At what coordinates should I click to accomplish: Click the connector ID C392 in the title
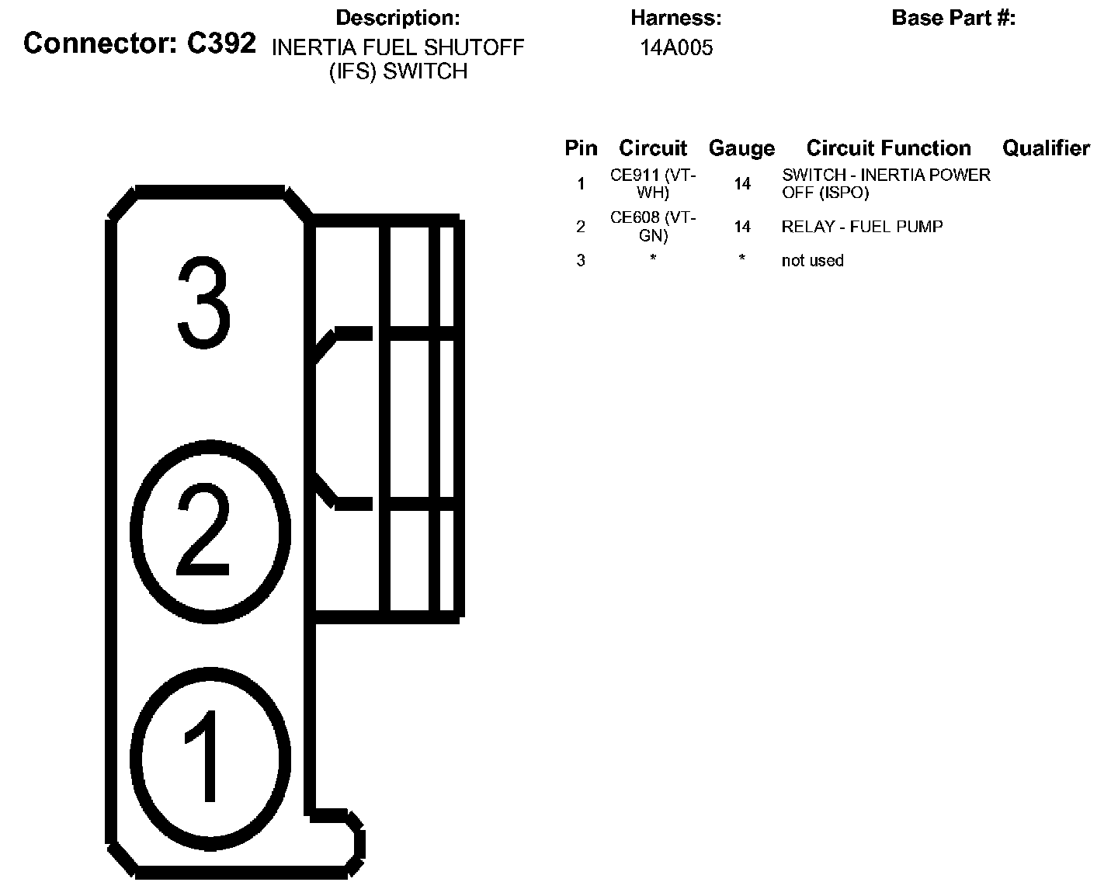(x=221, y=43)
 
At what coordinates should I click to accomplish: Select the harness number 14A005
(x=676, y=48)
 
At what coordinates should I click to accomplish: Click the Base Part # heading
(x=953, y=18)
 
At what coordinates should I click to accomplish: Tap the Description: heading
(x=398, y=18)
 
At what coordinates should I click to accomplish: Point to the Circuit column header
(x=653, y=148)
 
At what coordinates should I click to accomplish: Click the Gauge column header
(x=741, y=148)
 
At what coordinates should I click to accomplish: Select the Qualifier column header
(x=1046, y=148)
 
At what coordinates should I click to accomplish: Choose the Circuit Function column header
(x=888, y=148)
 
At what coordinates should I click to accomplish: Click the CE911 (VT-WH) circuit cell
(x=653, y=184)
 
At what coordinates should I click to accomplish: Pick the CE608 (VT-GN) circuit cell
(x=653, y=227)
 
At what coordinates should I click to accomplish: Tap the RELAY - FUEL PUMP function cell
(x=862, y=227)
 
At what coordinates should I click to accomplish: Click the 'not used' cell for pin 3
(x=812, y=261)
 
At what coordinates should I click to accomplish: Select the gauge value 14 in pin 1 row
(x=742, y=184)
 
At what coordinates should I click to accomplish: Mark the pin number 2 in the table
(x=581, y=227)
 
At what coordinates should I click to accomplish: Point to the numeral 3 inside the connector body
(x=203, y=304)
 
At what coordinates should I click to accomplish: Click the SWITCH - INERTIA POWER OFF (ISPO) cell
(x=886, y=184)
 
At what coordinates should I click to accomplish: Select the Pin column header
(x=581, y=148)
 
